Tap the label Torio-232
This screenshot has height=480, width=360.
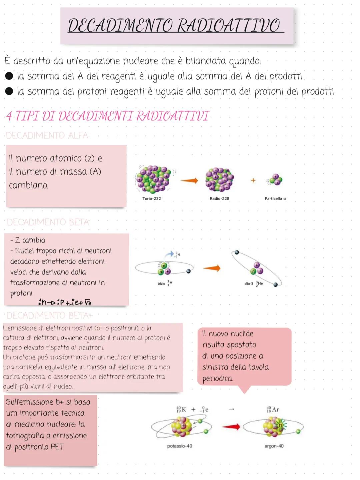[152, 198]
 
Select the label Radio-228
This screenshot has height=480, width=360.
[219, 198]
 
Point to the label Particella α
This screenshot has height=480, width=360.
[275, 198]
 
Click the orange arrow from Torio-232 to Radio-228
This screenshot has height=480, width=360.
[189, 180]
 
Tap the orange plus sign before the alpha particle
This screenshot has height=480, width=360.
[253, 180]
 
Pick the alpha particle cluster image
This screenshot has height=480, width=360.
[276, 179]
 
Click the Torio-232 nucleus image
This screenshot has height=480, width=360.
[154, 179]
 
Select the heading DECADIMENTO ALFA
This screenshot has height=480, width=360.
[47, 135]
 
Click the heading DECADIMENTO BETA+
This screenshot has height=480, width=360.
[49, 315]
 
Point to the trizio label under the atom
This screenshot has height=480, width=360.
[162, 284]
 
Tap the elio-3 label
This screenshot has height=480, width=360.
[249, 284]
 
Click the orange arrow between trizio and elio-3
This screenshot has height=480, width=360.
[212, 268]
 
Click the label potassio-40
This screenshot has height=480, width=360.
[180, 446]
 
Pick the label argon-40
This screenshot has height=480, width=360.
[274, 446]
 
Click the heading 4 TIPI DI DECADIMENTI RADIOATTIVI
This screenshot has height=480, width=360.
[107, 116]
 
